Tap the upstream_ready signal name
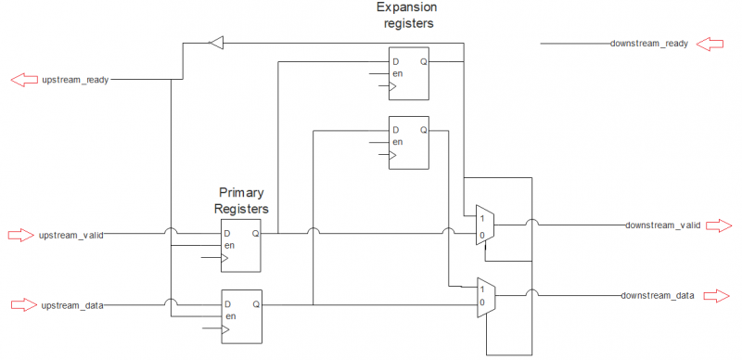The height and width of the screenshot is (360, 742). [76, 80]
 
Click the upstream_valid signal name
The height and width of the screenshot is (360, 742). [70, 235]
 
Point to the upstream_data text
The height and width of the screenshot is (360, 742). [72, 304]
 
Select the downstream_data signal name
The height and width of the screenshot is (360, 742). [658, 295]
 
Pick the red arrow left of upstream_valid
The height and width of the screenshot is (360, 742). [20, 235]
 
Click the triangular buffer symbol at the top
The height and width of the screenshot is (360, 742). [216, 42]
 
